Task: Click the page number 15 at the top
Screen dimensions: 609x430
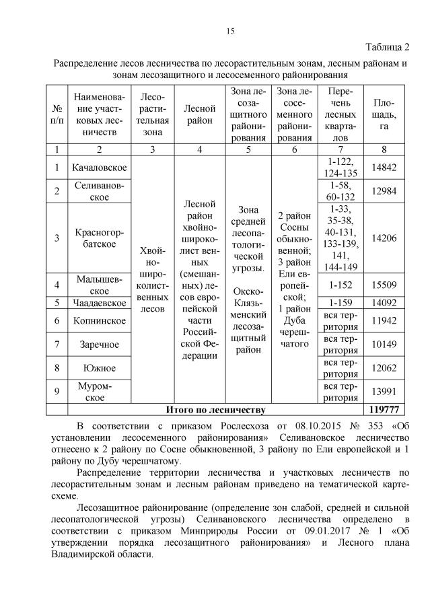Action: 229,31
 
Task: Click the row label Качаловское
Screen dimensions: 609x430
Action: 100,167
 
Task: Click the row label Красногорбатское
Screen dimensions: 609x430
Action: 100,238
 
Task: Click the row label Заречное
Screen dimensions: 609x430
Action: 100,345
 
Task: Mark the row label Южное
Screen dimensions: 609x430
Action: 100,368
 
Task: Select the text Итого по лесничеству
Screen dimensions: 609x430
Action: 215,409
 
